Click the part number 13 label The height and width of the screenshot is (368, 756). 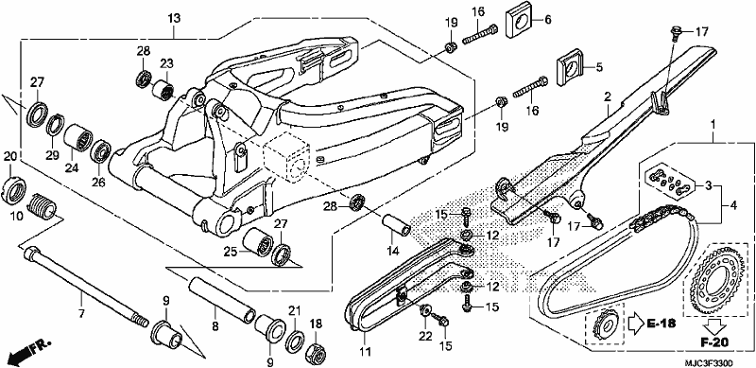[x=174, y=19]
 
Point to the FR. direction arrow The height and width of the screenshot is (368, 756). [x=29, y=351]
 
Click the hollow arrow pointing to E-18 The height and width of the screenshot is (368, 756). [x=635, y=323]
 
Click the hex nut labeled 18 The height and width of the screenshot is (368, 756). [x=315, y=354]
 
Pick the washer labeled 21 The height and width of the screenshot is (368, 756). [x=295, y=340]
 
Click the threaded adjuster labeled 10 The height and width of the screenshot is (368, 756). [x=43, y=205]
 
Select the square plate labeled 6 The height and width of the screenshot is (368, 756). [x=519, y=23]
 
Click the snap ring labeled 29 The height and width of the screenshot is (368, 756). [x=56, y=125]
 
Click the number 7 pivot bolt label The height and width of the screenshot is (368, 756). [x=81, y=314]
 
